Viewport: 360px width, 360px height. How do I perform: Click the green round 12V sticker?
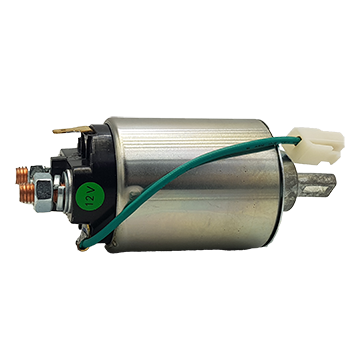coord(90,196)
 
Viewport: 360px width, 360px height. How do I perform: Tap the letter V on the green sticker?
coord(91,192)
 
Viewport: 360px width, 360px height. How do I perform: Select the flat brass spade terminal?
coord(73,130)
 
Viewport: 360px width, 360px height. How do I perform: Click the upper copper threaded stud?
coord(22,175)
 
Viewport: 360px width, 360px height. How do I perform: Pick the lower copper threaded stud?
coord(27,193)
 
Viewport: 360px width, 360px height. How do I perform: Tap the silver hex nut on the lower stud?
coord(43,192)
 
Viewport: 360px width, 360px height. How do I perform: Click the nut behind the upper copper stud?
coord(37,170)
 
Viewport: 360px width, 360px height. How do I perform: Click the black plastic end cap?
coord(90,177)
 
